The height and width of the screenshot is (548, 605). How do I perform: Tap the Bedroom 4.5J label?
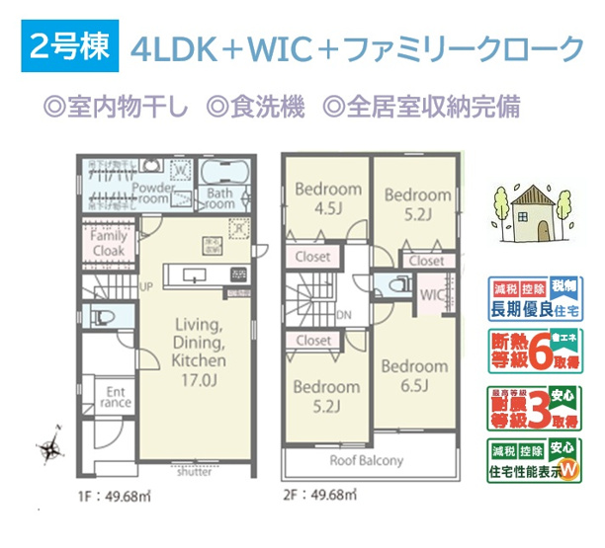pyautogui.click(x=322, y=198)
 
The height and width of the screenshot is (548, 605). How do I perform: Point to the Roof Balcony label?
pyautogui.click(x=367, y=461)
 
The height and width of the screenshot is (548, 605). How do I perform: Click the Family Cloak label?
pyautogui.click(x=107, y=244)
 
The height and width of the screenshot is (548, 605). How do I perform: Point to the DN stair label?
pyautogui.click(x=343, y=315)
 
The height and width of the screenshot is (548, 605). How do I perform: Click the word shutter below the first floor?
pyautogui.click(x=194, y=472)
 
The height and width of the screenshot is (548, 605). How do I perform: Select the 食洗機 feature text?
pyautogui.click(x=258, y=106)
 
